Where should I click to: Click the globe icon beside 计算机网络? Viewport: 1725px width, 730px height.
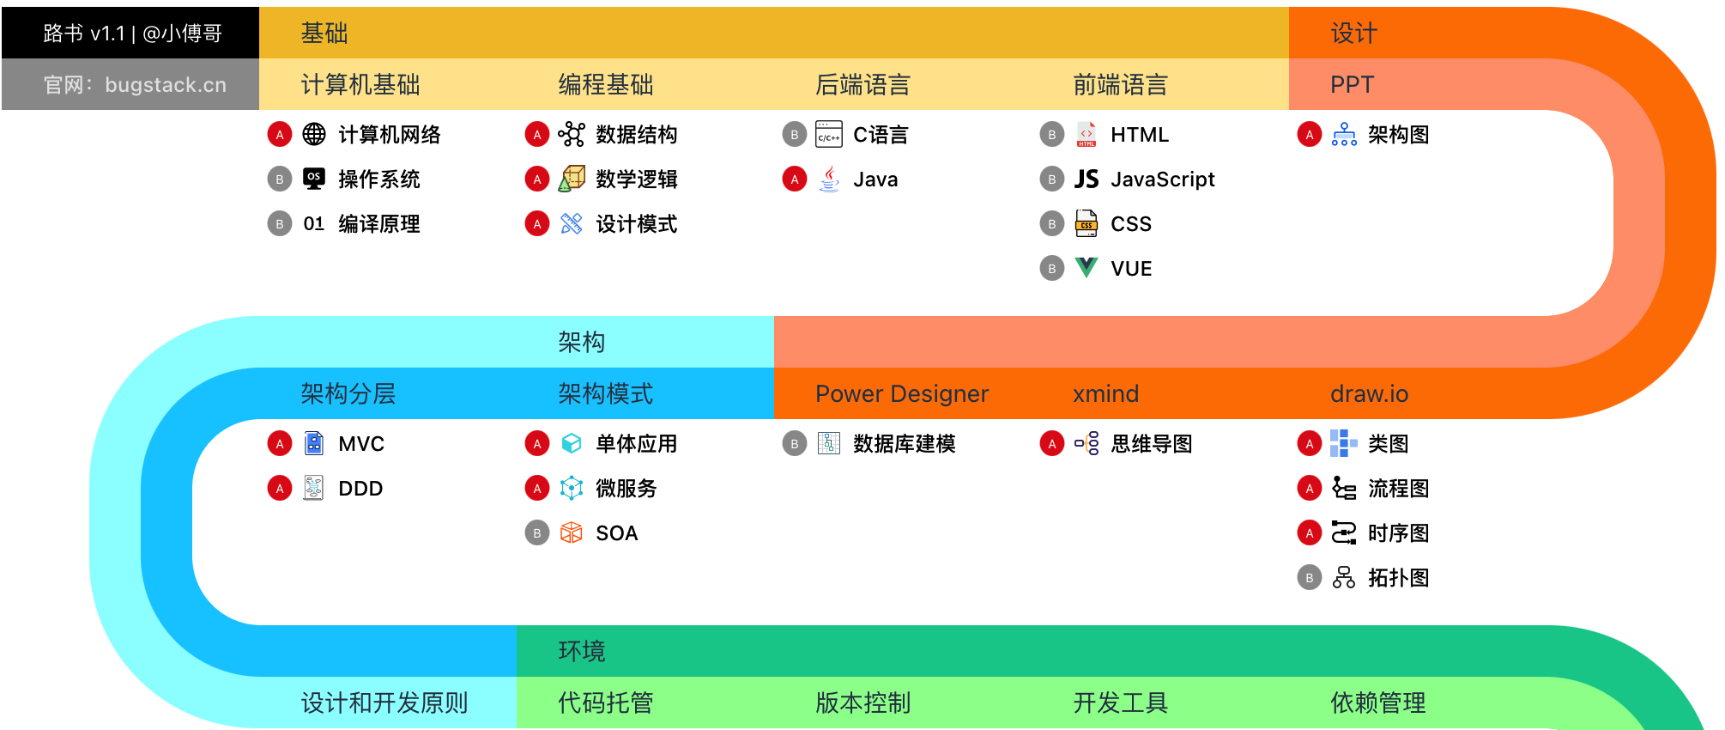point(314,134)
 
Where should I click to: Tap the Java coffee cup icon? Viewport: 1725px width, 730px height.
point(829,179)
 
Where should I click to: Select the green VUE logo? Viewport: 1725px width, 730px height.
point(1086,268)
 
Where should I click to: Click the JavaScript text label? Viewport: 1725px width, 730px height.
point(1163,179)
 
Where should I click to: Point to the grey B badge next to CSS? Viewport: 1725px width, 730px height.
point(1052,223)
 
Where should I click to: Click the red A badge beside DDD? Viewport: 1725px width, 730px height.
point(280,488)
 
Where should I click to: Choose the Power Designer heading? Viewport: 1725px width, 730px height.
point(902,393)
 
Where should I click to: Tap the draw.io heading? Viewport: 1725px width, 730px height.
point(1370,393)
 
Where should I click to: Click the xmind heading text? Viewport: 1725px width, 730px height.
point(1106,393)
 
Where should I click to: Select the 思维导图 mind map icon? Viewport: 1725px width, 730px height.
point(1086,443)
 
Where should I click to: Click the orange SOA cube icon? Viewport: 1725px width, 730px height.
point(572,532)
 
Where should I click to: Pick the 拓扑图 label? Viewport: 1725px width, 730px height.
point(1399,577)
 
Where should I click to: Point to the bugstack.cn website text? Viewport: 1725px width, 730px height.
point(166,84)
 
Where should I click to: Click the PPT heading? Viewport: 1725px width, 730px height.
point(1353,84)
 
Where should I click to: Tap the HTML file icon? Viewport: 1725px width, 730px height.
point(1086,134)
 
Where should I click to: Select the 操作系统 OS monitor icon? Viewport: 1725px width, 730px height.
point(314,179)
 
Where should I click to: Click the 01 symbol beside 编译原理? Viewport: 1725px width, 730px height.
point(314,223)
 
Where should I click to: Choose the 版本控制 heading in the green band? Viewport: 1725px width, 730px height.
point(863,703)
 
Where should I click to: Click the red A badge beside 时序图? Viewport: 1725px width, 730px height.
point(1310,532)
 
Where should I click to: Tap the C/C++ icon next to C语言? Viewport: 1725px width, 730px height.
point(829,134)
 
